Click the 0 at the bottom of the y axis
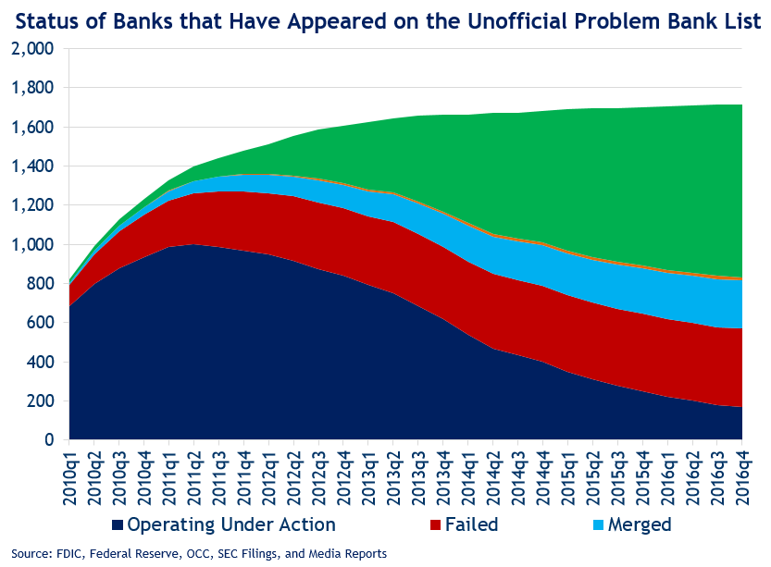[x=52, y=440]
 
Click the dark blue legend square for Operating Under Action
[x=117, y=526]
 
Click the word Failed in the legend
[x=471, y=525]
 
